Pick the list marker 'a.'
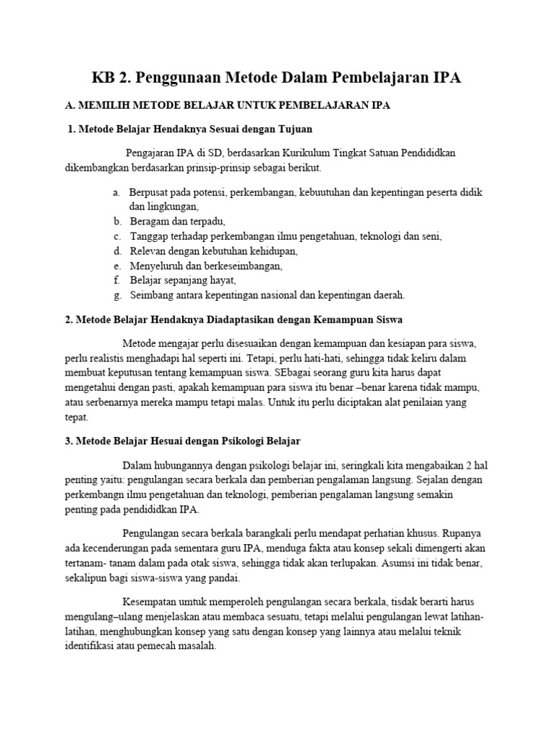point(116,193)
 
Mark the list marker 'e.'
point(116,266)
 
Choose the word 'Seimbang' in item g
point(151,294)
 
